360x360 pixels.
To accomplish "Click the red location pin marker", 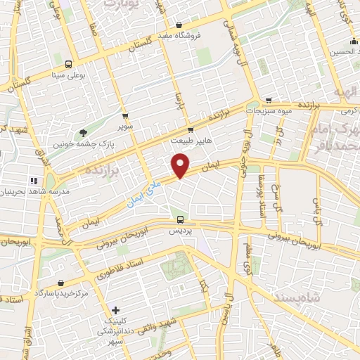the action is tap(181, 167).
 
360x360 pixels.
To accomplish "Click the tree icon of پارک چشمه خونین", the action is tap(84, 132).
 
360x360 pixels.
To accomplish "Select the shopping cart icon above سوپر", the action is tap(125, 115).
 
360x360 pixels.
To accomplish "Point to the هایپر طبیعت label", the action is tap(190, 141).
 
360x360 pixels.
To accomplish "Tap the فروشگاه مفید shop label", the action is tap(198, 34).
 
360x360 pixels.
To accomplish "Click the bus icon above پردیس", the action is tap(181, 219).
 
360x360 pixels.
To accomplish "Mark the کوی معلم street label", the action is tap(247, 257).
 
